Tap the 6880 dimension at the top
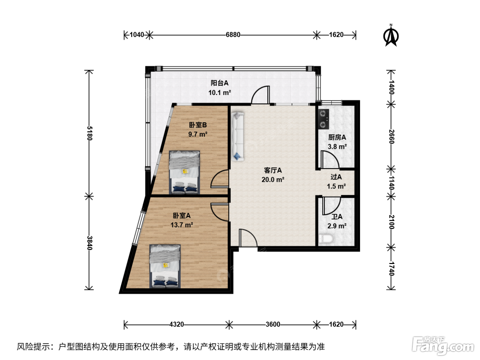click(x=233, y=35)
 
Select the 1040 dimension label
click(x=137, y=35)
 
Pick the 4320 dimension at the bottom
click(x=177, y=324)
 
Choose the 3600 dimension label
click(x=273, y=324)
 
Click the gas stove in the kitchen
click(x=323, y=119)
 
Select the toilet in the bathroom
click(x=326, y=239)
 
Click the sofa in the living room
click(x=238, y=136)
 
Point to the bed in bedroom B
click(x=184, y=172)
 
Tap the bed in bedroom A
click(x=165, y=266)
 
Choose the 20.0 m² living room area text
click(x=273, y=180)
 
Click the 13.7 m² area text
click(x=182, y=225)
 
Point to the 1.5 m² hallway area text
click(x=336, y=186)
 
